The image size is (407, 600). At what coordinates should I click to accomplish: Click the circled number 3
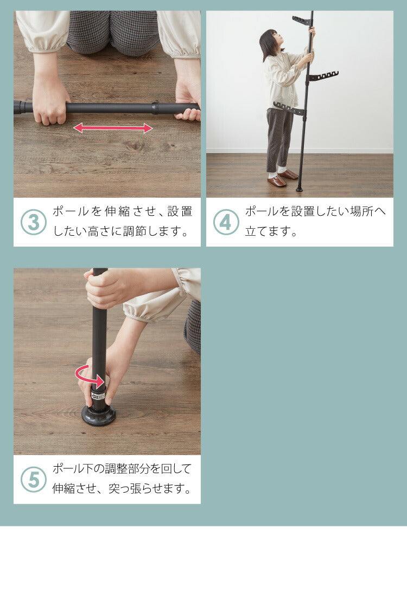click(33, 222)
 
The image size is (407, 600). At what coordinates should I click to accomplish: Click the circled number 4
click(226, 222)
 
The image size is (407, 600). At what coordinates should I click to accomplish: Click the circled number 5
click(33, 480)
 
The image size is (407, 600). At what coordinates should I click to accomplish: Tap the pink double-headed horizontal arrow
click(113, 128)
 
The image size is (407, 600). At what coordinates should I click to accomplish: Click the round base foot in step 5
click(98, 415)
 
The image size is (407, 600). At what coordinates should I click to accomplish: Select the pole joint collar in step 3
click(155, 108)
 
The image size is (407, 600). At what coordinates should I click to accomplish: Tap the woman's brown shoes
click(282, 178)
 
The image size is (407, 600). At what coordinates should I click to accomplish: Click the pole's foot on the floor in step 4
click(300, 189)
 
